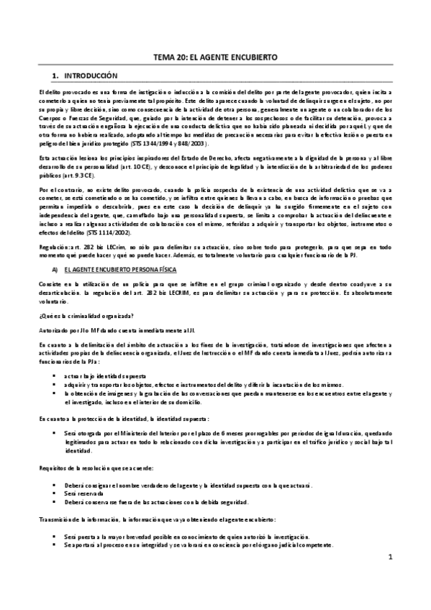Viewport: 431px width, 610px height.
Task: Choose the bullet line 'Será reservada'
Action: pyautogui.click(x=79, y=494)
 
